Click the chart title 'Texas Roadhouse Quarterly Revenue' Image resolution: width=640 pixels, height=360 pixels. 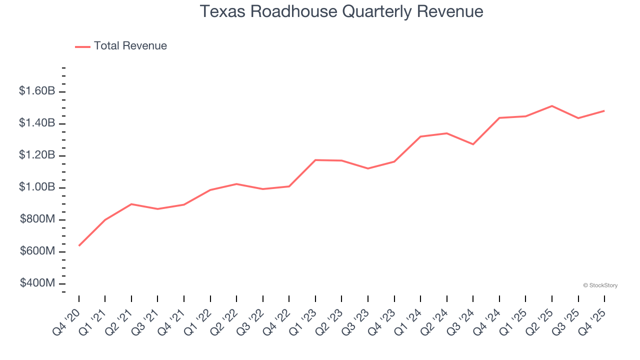click(x=341, y=11)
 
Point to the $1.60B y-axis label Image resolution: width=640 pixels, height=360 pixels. click(x=37, y=91)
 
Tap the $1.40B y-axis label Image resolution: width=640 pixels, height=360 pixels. click(x=37, y=123)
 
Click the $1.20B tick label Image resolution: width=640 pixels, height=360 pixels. click(x=37, y=155)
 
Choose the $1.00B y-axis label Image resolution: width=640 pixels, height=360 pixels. click(x=37, y=187)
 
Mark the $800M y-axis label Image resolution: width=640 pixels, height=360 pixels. click(x=37, y=219)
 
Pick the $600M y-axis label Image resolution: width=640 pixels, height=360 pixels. click(x=37, y=251)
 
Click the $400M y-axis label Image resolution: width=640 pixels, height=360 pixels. click(x=37, y=283)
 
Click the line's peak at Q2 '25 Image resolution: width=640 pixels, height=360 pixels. click(x=551, y=106)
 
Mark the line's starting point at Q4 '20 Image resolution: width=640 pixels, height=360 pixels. click(x=79, y=245)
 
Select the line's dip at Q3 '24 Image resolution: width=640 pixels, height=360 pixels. click(x=473, y=144)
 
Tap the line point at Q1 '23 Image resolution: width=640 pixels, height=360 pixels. click(x=315, y=160)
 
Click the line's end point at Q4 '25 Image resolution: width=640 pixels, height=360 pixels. click(x=604, y=111)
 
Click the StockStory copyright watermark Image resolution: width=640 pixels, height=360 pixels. click(x=600, y=285)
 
